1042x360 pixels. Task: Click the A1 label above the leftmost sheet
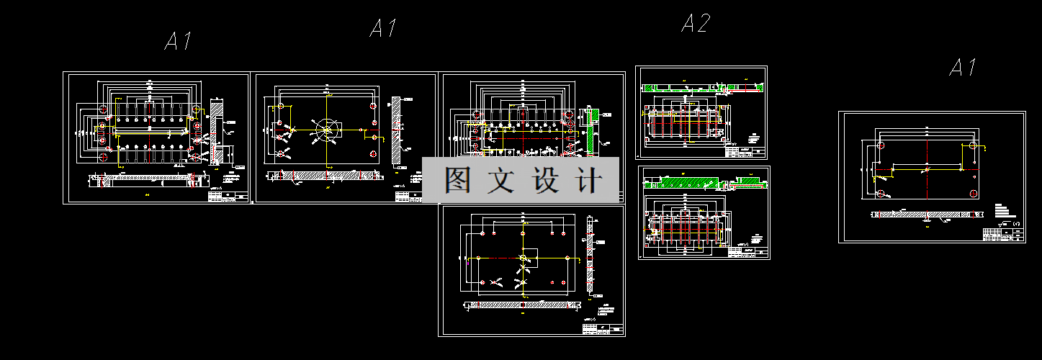(x=178, y=41)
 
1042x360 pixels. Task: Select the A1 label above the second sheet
(x=383, y=29)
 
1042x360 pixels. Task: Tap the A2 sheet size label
(x=696, y=24)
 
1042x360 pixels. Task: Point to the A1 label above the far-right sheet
(x=963, y=68)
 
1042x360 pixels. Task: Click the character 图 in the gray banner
(x=458, y=180)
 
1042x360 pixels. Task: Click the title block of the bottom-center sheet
(x=603, y=328)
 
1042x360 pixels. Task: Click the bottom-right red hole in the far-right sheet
(x=974, y=193)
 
